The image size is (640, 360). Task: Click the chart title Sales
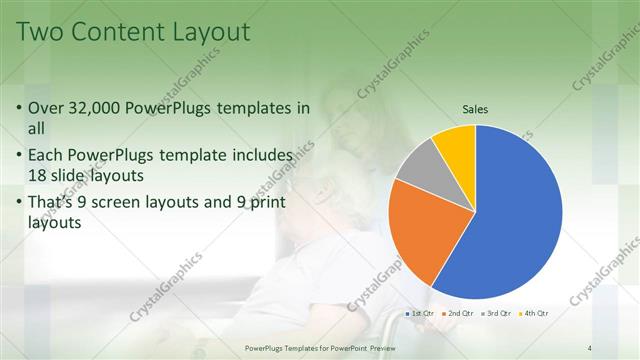coord(475,110)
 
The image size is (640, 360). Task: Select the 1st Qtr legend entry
coord(420,314)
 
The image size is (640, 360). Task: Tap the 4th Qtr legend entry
coord(535,314)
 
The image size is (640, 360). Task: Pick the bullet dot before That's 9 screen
coord(19,204)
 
